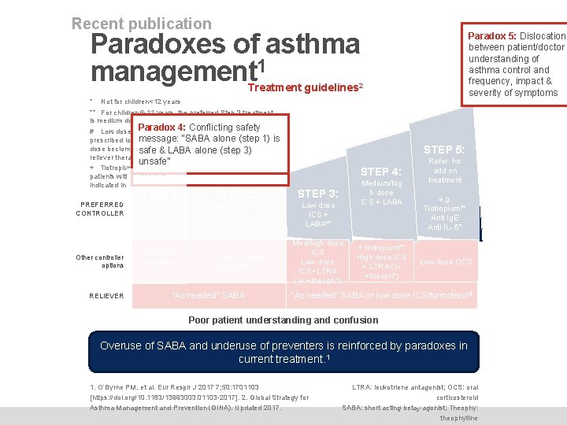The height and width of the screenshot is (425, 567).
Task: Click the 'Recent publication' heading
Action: (x=142, y=24)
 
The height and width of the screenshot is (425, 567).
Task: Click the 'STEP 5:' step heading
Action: (x=444, y=150)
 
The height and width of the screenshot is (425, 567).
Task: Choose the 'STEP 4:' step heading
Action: (x=381, y=172)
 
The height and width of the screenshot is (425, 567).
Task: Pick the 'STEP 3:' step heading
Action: (x=318, y=194)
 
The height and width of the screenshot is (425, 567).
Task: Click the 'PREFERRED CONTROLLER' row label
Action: (x=100, y=209)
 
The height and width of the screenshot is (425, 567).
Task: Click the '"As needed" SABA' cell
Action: (x=208, y=295)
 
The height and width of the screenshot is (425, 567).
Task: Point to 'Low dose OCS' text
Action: (x=445, y=262)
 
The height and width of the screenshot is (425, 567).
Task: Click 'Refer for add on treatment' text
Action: (x=445, y=170)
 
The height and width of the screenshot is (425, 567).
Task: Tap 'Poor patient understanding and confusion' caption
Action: (x=283, y=320)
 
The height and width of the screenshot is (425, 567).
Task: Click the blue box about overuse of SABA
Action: (x=283, y=352)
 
